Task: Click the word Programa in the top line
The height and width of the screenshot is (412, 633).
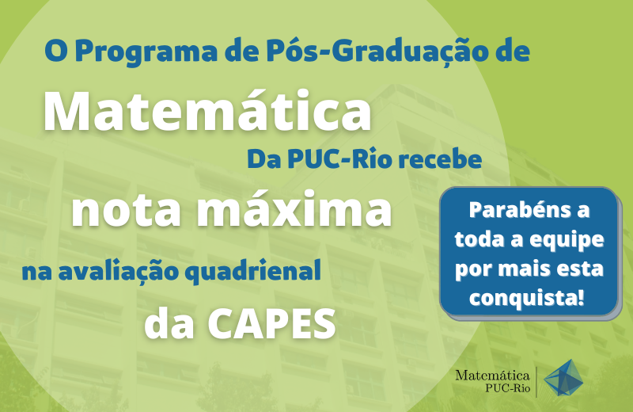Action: click(x=146, y=52)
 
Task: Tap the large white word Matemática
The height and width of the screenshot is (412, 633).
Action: click(x=207, y=110)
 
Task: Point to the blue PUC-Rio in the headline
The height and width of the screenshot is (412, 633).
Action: click(x=339, y=159)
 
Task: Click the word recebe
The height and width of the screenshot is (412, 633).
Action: click(x=441, y=159)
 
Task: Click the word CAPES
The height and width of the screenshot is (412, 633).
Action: click(x=271, y=324)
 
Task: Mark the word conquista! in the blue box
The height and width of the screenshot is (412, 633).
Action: click(x=527, y=299)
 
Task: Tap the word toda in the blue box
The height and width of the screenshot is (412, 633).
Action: click(x=479, y=239)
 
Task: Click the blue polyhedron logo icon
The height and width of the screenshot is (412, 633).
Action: click(x=563, y=378)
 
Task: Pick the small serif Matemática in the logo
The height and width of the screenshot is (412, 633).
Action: click(x=492, y=376)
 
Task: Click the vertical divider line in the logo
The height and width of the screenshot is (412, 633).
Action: click(x=536, y=382)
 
